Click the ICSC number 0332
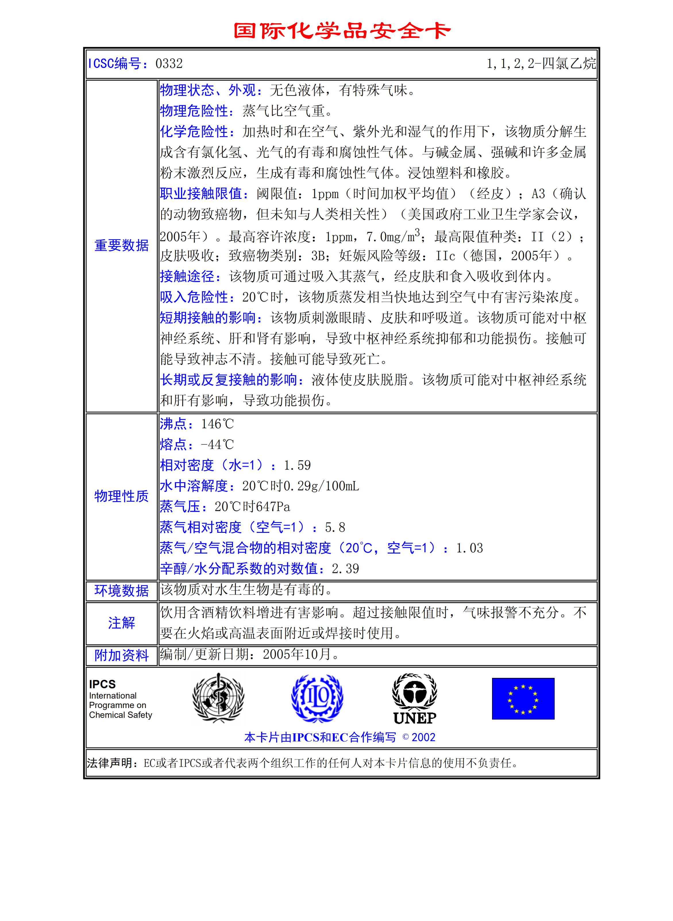169,64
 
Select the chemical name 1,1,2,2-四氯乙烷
541,64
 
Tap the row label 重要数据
122,245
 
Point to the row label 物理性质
122,496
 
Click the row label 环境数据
122,591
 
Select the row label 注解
122,623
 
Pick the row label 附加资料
122,655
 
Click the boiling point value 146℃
217,424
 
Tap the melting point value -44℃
217,445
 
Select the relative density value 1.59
297,466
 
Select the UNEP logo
415,699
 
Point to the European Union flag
523,699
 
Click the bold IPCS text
102,684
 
